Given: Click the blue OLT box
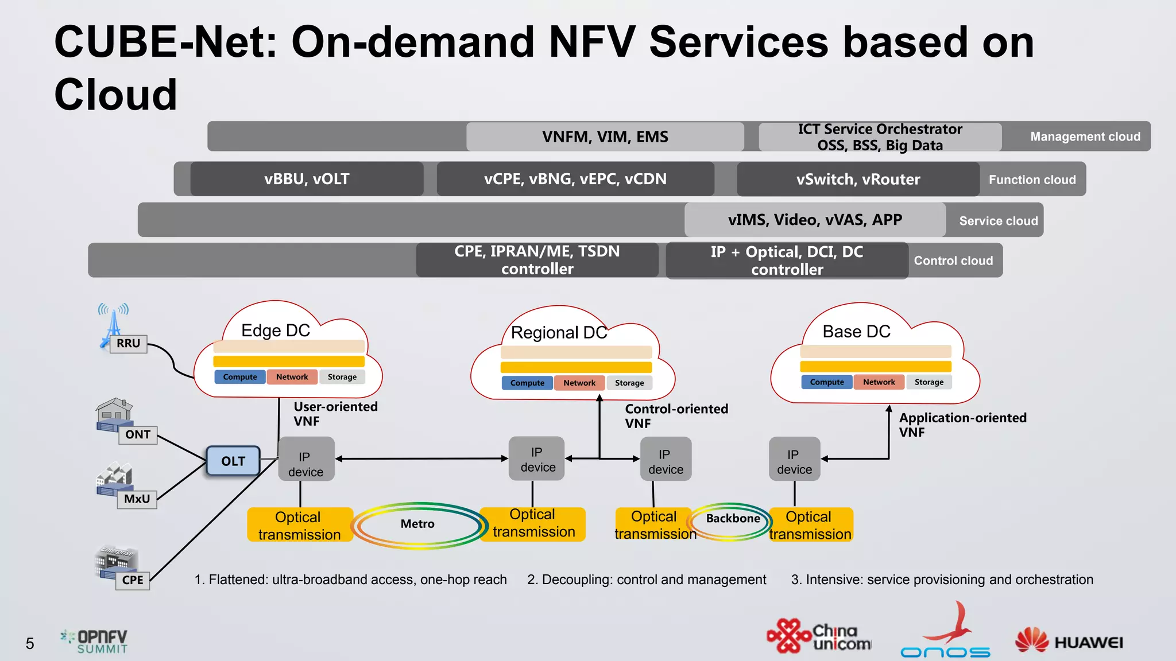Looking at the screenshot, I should [233, 461].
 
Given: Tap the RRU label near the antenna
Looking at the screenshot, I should [128, 344].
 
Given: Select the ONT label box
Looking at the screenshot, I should [138, 435].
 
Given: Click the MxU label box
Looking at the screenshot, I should [137, 499].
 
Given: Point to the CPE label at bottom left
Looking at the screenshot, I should [133, 580].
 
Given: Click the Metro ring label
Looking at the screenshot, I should [417, 524].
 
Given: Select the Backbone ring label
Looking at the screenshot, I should [733, 519].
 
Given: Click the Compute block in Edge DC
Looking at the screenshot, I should [240, 377].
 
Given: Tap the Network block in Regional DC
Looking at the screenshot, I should [579, 383].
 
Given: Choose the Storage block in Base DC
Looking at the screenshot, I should [929, 382].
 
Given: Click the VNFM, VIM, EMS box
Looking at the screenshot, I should [605, 137].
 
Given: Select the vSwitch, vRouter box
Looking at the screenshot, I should [858, 180].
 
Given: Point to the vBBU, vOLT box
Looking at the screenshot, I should [307, 179].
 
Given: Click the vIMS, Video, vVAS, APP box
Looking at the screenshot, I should [815, 220].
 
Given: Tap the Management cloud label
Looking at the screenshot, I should [1085, 137].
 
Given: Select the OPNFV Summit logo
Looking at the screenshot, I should [95, 641].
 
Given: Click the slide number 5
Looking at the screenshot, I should [30, 644].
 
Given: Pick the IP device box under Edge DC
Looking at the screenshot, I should [306, 459].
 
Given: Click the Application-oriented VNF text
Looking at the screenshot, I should [962, 425].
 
